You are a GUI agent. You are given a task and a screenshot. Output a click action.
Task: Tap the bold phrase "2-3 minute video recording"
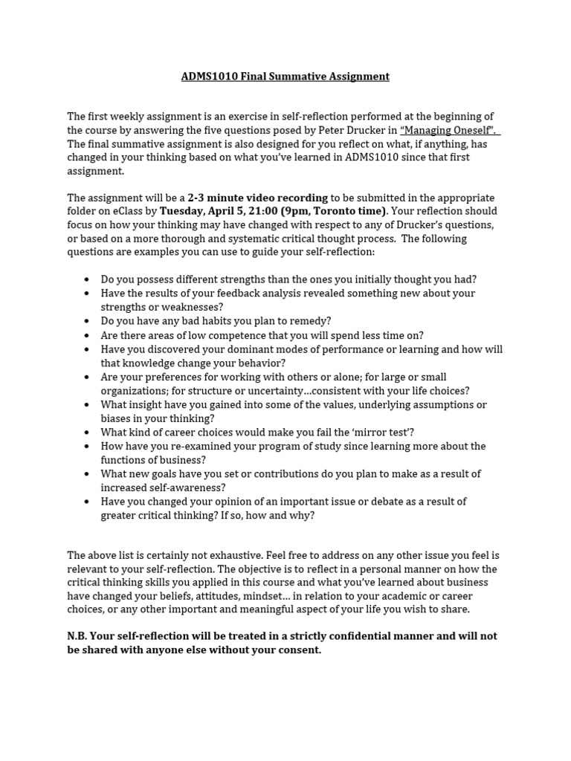(x=257, y=198)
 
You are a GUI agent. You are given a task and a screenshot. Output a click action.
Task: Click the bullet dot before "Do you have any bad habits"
(x=87, y=321)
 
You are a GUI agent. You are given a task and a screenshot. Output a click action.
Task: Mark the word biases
(x=117, y=418)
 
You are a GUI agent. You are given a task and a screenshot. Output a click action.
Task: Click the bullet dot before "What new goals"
(x=87, y=474)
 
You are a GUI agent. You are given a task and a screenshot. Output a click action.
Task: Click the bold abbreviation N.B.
(x=80, y=636)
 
